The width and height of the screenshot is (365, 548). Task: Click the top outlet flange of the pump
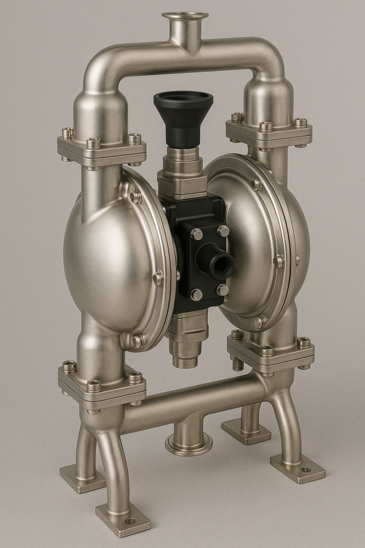pyautogui.click(x=185, y=16)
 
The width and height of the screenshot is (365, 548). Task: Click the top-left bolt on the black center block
pyautogui.click(x=196, y=234)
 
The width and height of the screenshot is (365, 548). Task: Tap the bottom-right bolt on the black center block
pyautogui.click(x=222, y=290)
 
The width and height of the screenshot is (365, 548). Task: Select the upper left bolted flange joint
pyautogui.click(x=101, y=149)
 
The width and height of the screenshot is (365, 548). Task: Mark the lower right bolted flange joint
pyautogui.click(x=271, y=352)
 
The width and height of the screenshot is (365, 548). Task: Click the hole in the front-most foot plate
pyautogui.click(x=130, y=521)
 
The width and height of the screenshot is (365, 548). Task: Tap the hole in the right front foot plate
pyautogui.click(x=305, y=470)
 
